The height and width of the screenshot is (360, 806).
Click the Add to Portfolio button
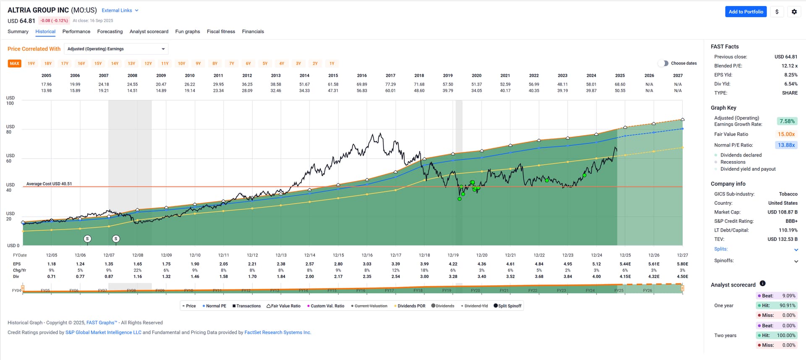click(x=746, y=12)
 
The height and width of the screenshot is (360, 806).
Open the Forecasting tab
click(x=110, y=31)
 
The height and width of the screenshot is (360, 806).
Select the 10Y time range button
click(x=181, y=64)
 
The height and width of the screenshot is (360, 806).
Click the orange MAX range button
click(x=15, y=64)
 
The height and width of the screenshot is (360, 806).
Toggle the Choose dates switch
click(x=663, y=63)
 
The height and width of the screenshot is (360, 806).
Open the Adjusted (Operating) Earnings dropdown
click(x=116, y=49)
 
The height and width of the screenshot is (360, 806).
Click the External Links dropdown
click(x=120, y=10)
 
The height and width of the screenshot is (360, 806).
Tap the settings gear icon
click(x=794, y=12)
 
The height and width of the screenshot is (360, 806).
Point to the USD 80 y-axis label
click(x=10, y=129)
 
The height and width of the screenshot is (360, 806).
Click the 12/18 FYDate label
click(x=424, y=255)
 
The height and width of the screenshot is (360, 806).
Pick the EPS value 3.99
click(x=424, y=264)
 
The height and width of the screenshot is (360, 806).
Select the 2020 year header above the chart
click(x=476, y=76)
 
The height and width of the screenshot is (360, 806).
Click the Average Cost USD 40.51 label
click(x=49, y=184)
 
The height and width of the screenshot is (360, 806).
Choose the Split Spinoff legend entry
click(x=508, y=306)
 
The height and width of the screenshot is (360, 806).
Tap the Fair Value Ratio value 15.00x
click(x=786, y=134)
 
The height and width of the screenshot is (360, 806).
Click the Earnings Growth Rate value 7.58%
click(x=787, y=121)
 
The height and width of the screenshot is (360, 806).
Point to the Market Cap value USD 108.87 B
click(x=782, y=212)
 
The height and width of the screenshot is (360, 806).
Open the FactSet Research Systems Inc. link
click(x=277, y=332)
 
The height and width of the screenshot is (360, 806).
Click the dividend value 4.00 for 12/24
click(x=596, y=277)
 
